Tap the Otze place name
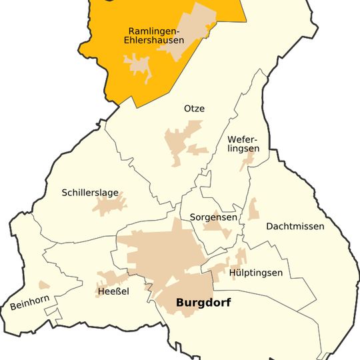click(x=194, y=109)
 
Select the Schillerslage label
click(x=90, y=193)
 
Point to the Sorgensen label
click(x=213, y=217)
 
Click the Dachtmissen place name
click(x=295, y=226)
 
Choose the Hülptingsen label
click(x=256, y=273)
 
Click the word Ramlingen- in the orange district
click(x=153, y=31)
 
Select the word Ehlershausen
click(x=153, y=41)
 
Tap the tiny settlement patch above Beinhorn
click(x=45, y=285)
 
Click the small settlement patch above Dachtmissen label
click(x=253, y=209)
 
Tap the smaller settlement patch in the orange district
click(x=138, y=65)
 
